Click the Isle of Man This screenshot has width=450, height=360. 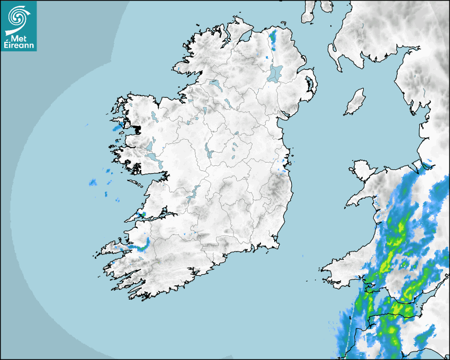(x=355, y=102)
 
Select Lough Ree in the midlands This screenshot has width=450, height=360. (x=208, y=150)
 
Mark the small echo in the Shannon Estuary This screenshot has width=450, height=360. (x=141, y=214)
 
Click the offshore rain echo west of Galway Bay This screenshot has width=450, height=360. (x=93, y=183)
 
